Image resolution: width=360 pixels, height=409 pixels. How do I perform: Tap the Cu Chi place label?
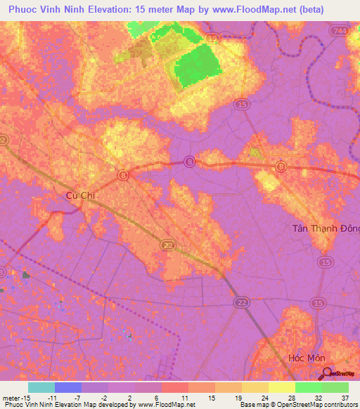[79, 195]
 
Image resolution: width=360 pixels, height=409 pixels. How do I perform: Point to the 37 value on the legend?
[345, 396]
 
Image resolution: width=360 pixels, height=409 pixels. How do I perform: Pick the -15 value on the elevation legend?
[25, 396]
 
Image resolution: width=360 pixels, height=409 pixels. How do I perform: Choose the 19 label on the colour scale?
[238, 396]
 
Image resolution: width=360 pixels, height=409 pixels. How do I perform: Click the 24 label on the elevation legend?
[264, 396]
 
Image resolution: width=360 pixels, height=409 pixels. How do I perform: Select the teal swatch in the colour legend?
[41, 387]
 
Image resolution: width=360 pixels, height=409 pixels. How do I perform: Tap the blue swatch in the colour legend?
[67, 387]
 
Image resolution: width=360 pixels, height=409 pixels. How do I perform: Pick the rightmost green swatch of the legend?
[335, 387]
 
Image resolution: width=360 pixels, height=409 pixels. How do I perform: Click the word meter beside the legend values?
[10, 396]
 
